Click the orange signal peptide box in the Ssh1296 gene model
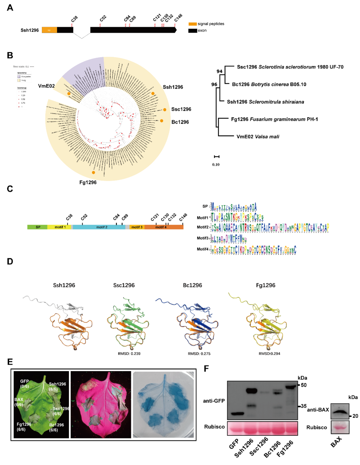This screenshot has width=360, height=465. (49, 30)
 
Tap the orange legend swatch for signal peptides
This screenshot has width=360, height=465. (192, 24)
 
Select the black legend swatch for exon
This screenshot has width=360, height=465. (192, 31)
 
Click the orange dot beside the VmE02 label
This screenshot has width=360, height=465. (69, 94)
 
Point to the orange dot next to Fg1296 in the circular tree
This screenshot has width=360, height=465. (93, 172)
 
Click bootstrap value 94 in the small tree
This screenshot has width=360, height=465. (219, 71)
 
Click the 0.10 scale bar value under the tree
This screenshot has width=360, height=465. (216, 164)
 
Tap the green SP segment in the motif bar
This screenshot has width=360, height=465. (38, 227)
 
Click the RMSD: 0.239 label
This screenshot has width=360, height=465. (129, 354)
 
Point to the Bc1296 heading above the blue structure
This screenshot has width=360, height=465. (192, 285)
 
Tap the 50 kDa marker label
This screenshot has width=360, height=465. (304, 385)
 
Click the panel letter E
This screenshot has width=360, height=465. (10, 362)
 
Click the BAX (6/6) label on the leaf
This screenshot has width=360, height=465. (19, 402)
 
